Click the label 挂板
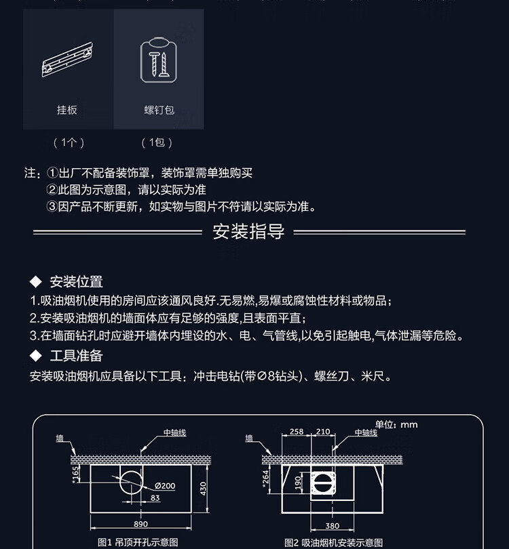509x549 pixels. (67, 109)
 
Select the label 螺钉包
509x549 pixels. (159, 109)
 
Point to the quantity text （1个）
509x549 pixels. (68, 142)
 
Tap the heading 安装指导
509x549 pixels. (248, 232)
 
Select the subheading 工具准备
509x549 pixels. (76, 356)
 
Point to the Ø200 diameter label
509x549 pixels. (165, 485)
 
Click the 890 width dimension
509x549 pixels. (141, 524)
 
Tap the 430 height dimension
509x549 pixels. (203, 488)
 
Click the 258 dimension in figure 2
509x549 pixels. (297, 432)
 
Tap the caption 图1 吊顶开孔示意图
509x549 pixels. (138, 542)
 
